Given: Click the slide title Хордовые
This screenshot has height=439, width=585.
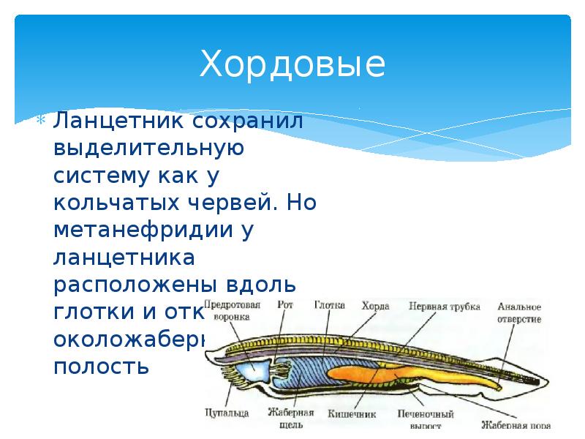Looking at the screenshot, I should tap(292, 64).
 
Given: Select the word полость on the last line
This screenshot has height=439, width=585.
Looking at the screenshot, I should tap(102, 366).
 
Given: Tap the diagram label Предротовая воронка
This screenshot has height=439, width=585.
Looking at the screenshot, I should tap(232, 312).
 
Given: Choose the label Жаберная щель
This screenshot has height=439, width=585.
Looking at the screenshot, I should tap(290, 418).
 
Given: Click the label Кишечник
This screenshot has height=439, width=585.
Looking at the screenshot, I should tap(352, 413).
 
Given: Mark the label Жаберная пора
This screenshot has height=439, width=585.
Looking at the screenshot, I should tap(516, 424).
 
